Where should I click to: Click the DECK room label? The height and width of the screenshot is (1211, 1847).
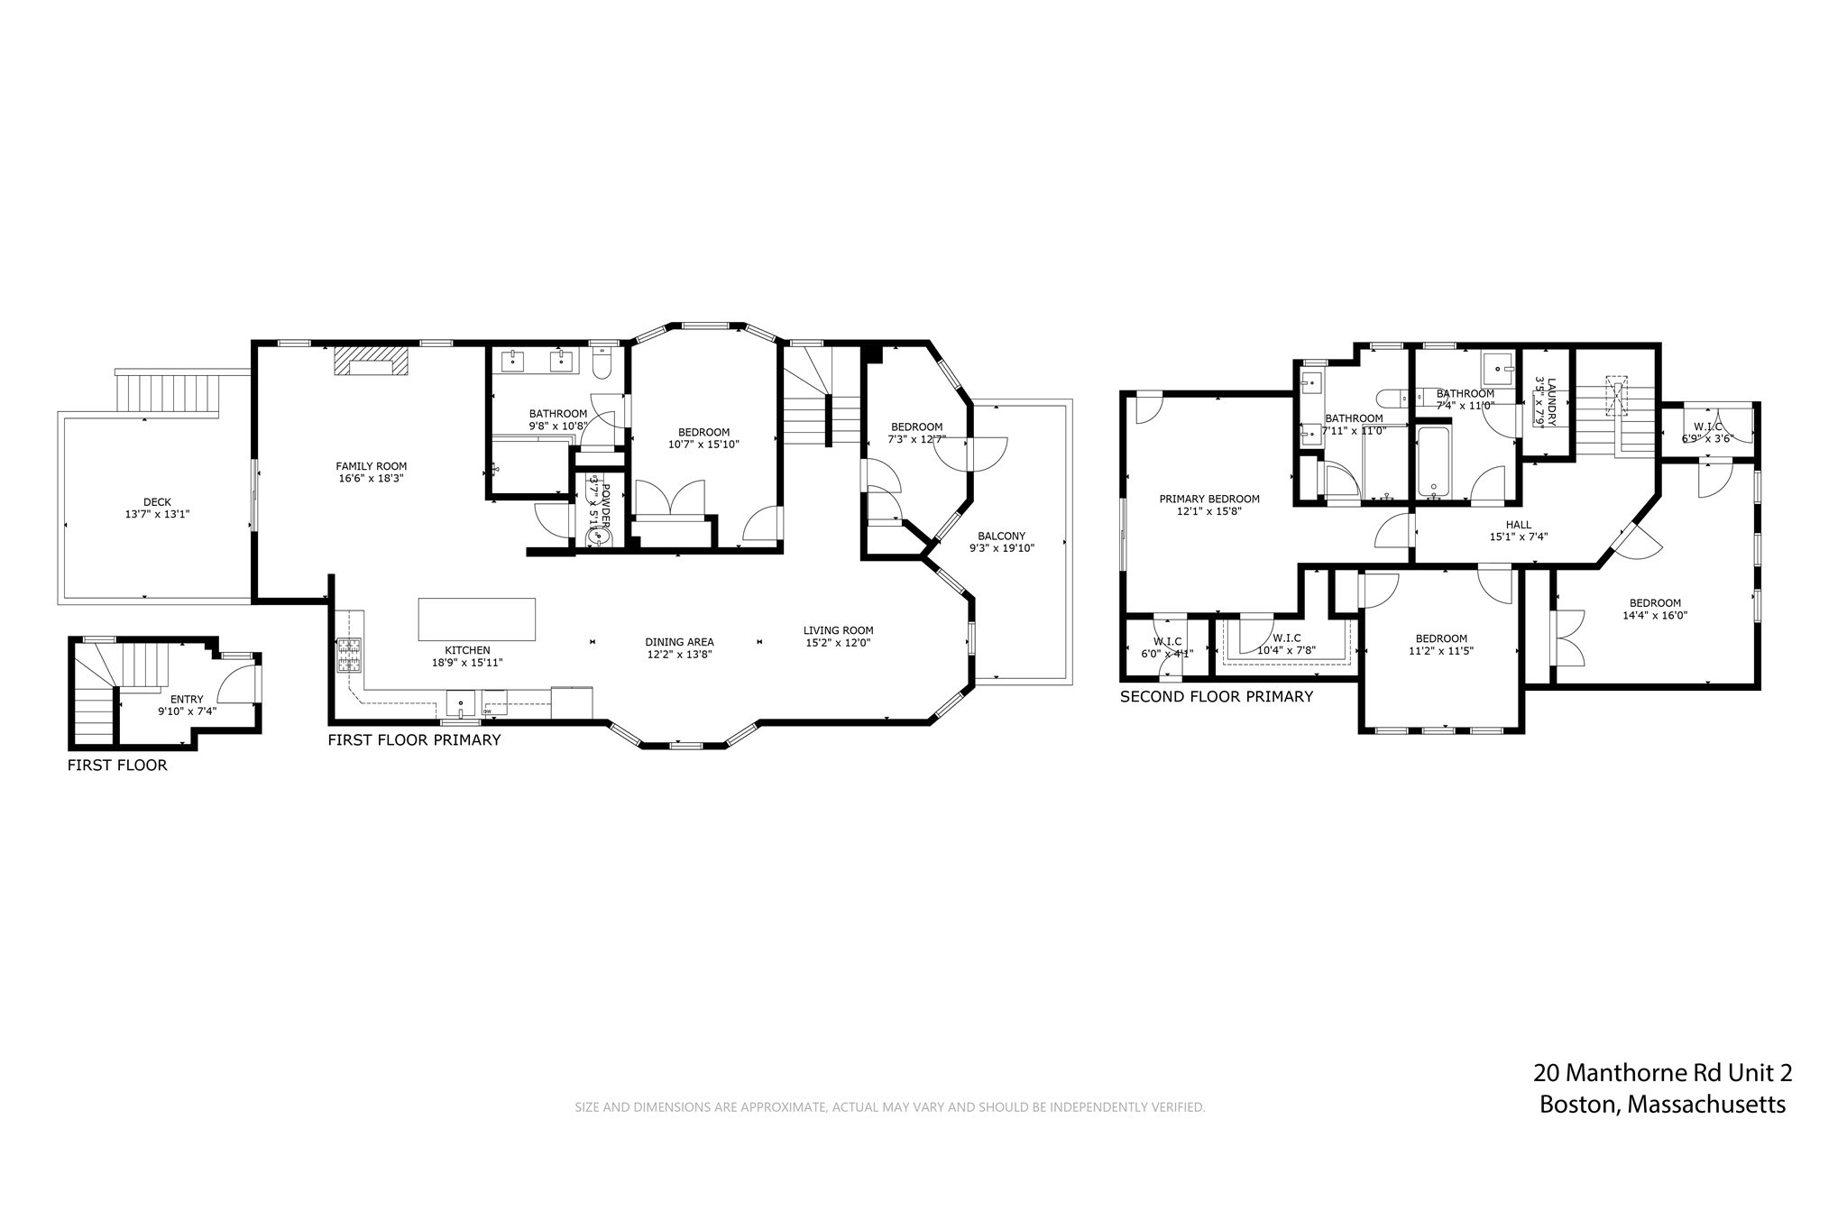(x=157, y=502)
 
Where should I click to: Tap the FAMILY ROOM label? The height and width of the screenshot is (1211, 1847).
(x=371, y=466)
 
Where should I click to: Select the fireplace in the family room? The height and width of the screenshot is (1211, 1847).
(x=371, y=362)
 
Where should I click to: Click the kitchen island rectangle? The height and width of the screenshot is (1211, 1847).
(x=476, y=619)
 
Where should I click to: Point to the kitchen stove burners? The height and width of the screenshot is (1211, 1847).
(x=348, y=655)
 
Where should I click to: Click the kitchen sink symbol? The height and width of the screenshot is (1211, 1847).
(x=460, y=702)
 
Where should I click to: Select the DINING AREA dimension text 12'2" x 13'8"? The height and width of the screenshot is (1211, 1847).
(x=679, y=655)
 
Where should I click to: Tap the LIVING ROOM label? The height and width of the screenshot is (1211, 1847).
(x=838, y=630)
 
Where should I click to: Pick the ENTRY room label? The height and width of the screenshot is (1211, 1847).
(x=187, y=699)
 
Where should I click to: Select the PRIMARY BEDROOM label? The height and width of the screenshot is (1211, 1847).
(x=1208, y=499)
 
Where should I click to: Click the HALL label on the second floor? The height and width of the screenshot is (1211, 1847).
(x=1518, y=525)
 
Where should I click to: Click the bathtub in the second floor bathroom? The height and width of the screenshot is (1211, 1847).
(x=1433, y=463)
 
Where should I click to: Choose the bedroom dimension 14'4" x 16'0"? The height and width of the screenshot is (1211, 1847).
(x=1654, y=616)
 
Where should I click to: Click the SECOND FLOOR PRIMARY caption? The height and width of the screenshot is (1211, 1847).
(x=1216, y=696)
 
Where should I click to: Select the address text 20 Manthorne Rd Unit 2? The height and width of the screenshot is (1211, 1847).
(x=1661, y=1073)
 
